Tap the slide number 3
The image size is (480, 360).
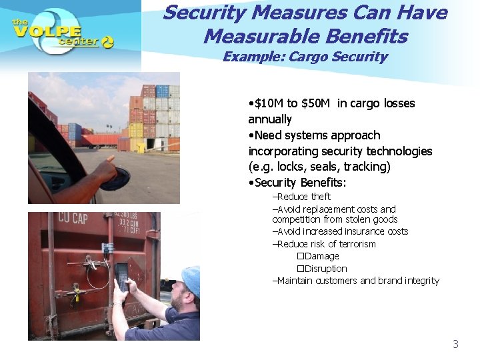[x=455, y=344]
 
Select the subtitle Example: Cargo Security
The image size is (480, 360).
[x=305, y=57]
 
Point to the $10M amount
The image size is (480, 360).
[x=267, y=103]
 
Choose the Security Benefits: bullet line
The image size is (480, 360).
[x=297, y=183]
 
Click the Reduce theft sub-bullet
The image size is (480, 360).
[x=302, y=197]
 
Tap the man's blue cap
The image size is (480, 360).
[x=191, y=279]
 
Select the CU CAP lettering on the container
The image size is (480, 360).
[x=73, y=217]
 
